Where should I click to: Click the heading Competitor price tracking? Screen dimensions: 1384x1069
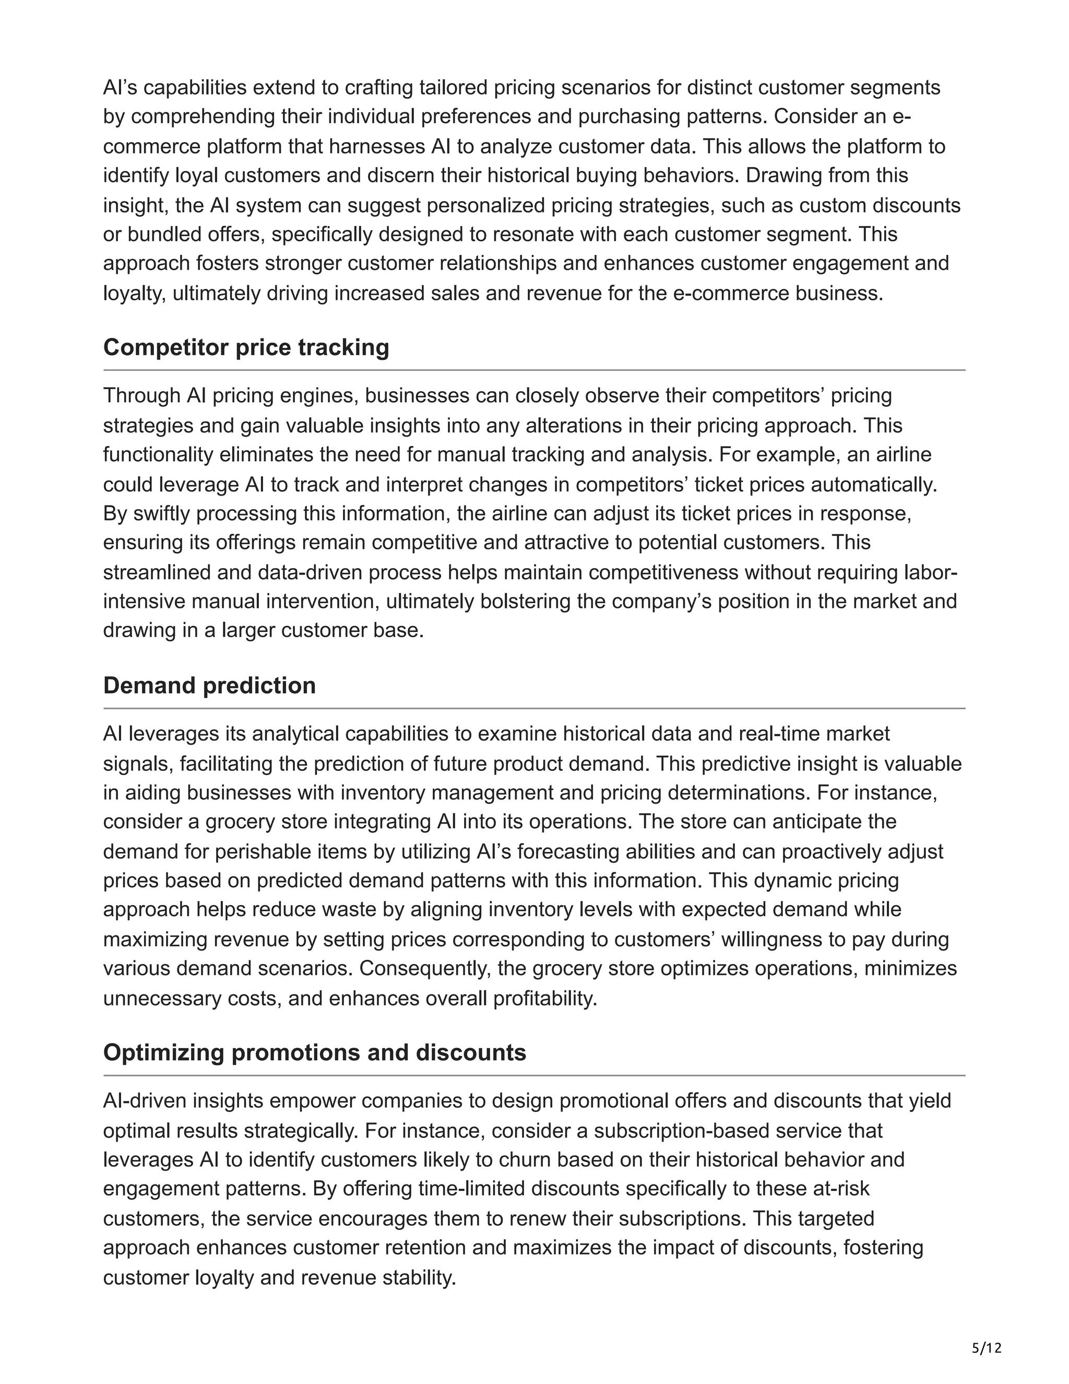click(x=246, y=347)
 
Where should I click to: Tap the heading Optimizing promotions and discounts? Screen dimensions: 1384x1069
click(x=314, y=1052)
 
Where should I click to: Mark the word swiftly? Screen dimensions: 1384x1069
click(x=161, y=513)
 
